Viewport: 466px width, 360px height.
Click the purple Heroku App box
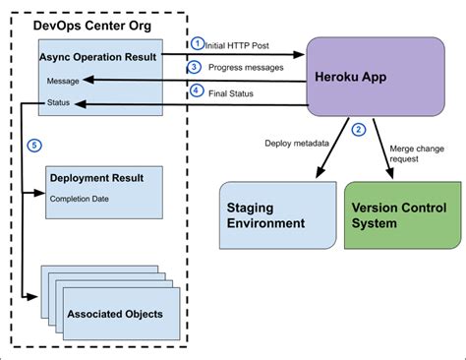click(364, 77)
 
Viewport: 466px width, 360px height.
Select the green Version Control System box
click(402, 214)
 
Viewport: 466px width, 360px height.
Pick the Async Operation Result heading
click(96, 57)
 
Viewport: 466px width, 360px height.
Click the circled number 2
click(359, 129)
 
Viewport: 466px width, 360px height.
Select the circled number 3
click(196, 66)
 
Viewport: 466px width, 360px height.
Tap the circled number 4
click(196, 90)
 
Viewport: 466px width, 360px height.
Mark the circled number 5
click(35, 145)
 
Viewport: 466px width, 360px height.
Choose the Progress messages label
click(245, 67)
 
